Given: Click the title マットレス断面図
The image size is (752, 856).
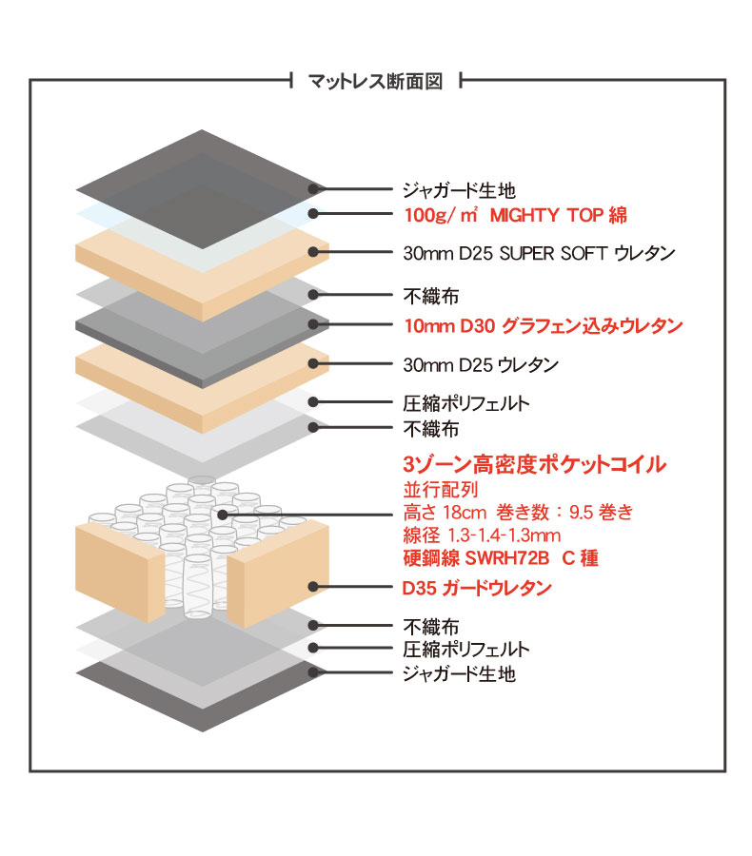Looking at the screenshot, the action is (x=375, y=82).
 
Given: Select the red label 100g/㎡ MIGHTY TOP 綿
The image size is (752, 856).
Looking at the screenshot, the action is (x=515, y=215).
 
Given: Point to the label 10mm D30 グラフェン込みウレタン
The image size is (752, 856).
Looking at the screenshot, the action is (x=544, y=326).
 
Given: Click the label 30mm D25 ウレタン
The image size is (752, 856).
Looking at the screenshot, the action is (x=481, y=364).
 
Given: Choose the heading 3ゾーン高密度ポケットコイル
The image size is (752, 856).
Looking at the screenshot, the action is (x=534, y=464).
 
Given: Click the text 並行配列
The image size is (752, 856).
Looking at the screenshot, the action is (x=441, y=489).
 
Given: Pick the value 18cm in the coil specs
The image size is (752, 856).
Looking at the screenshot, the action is (x=465, y=513).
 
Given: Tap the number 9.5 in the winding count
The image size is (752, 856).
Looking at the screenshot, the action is (x=581, y=513).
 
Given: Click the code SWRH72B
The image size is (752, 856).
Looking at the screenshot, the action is (x=507, y=558).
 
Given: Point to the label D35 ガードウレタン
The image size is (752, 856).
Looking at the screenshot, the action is (x=477, y=588).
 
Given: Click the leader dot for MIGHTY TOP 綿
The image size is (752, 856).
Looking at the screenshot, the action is (x=313, y=214).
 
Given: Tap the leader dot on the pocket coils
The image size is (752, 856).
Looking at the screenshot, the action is (x=223, y=515).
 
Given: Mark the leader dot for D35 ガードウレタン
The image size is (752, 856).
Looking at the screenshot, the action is (x=313, y=587).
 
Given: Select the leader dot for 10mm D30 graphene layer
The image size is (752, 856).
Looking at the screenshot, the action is (x=313, y=324).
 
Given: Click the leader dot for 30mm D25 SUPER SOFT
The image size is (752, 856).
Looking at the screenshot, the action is (x=313, y=252).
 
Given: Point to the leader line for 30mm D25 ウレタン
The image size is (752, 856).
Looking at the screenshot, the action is (x=352, y=363).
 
